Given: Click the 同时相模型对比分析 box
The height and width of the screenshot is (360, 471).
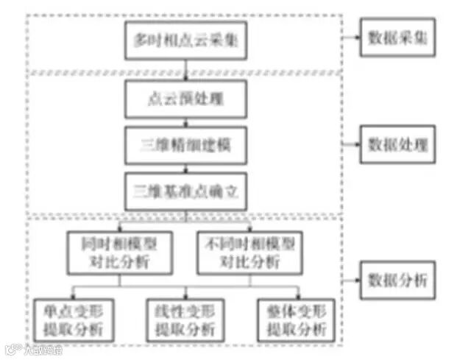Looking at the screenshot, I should coord(119,251).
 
